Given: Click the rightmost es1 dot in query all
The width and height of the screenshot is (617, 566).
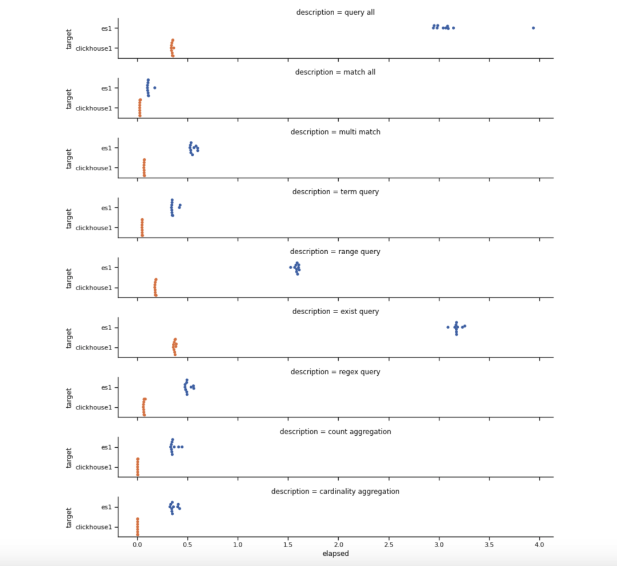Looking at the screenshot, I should point(533,28).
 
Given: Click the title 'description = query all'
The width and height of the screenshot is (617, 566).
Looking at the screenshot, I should point(335,13).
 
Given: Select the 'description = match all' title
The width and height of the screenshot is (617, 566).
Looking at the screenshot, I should point(335,73).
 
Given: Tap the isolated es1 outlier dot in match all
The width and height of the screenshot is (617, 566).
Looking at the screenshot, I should point(155,88).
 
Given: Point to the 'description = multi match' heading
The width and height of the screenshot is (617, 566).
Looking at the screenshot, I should point(335,133).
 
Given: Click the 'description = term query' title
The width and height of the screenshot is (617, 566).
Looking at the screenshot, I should point(335,192).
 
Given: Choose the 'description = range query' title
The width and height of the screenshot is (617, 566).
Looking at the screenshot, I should point(335,252).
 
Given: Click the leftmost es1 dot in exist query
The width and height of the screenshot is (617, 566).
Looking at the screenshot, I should point(448,327).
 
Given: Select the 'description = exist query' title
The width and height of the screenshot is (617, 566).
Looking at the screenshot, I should point(335,312).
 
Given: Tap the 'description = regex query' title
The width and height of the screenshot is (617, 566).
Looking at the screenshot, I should point(335,372).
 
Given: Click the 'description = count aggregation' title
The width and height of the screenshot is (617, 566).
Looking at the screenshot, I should point(335,432).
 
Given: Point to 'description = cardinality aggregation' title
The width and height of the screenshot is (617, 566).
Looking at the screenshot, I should point(335,492).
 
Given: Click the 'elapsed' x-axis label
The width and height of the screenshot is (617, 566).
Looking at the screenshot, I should point(335,554).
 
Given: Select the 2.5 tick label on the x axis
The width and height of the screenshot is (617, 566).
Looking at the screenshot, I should point(389,545).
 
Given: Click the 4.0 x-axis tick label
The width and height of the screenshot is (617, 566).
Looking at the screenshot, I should point(539,545).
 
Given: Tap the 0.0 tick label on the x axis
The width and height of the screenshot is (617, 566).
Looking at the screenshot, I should point(137,545).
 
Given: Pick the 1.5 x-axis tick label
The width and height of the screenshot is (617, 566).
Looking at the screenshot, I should point(288,545).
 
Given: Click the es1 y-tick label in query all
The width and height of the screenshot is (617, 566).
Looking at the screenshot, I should point(107,28).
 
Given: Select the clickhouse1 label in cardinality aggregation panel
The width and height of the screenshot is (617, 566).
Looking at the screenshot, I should point(94,527).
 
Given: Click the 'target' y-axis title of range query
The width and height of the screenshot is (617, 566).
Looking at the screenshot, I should point(69,278).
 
